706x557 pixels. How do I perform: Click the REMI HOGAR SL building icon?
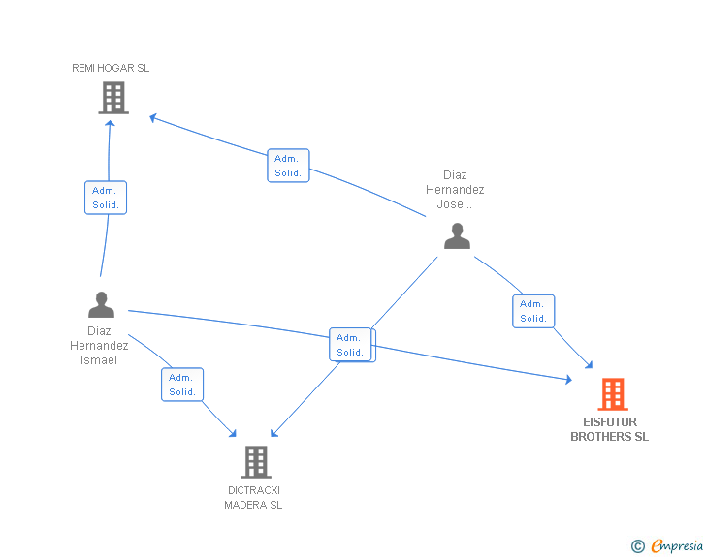click(x=113, y=98)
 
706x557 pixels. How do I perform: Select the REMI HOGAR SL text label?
click(x=111, y=68)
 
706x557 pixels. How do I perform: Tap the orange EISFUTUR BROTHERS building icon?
click(x=613, y=394)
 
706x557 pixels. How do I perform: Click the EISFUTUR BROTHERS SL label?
click(x=610, y=429)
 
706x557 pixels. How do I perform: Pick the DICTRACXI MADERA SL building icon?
click(x=256, y=462)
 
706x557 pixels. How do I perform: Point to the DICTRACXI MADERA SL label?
click(x=253, y=498)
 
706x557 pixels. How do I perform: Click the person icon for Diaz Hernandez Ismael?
click(x=101, y=304)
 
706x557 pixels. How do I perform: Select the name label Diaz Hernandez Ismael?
click(x=99, y=346)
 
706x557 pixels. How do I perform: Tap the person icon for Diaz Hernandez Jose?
click(x=457, y=235)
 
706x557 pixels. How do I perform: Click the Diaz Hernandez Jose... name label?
click(x=455, y=190)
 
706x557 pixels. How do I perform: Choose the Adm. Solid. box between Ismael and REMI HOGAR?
click(x=106, y=198)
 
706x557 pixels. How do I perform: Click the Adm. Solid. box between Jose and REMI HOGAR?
click(x=288, y=166)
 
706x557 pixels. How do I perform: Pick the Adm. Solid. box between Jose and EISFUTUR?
click(x=533, y=311)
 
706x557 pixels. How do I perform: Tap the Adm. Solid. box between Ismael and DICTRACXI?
click(x=182, y=385)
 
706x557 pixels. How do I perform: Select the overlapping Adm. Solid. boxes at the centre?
click(x=352, y=345)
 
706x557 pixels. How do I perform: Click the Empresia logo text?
click(x=677, y=545)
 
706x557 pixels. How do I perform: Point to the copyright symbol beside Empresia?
click(x=638, y=546)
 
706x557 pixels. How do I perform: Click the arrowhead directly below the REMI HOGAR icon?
click(x=110, y=124)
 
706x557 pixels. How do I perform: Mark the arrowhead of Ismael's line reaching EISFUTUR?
click(x=568, y=380)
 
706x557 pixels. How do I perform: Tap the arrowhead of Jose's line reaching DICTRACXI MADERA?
click(x=273, y=433)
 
